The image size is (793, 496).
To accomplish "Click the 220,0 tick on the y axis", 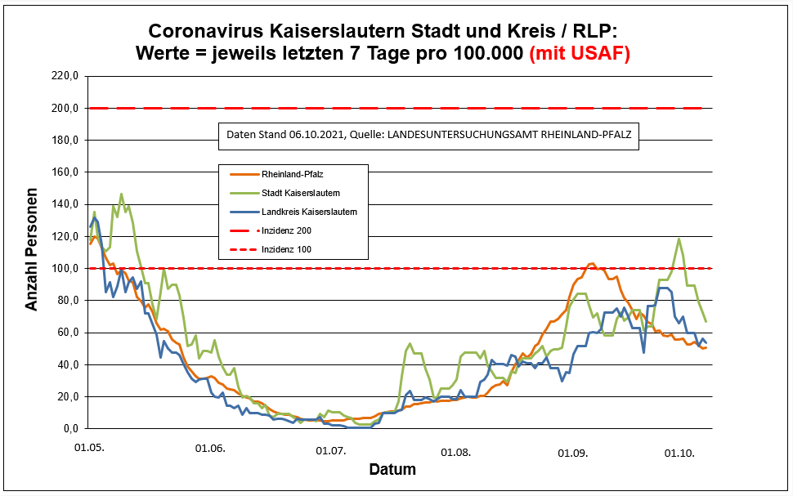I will click(65, 76).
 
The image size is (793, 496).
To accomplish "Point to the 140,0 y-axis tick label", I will click(65, 204).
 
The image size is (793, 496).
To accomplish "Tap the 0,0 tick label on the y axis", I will click(69, 428).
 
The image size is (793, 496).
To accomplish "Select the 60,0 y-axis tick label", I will click(67, 333).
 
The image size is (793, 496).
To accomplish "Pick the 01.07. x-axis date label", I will click(331, 449).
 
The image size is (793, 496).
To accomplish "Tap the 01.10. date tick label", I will click(679, 449).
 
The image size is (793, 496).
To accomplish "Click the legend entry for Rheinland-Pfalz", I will click(292, 174).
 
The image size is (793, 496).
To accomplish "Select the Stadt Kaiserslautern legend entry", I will click(300, 193).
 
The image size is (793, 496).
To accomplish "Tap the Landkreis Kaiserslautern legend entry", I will click(308, 212).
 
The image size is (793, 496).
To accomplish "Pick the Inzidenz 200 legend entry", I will click(286, 230).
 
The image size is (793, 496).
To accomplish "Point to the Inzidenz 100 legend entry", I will click(286, 249).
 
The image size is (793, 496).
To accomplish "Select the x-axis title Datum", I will click(392, 470).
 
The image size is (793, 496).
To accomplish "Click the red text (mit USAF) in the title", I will click(580, 54).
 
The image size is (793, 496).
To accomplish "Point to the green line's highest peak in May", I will click(121, 194).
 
